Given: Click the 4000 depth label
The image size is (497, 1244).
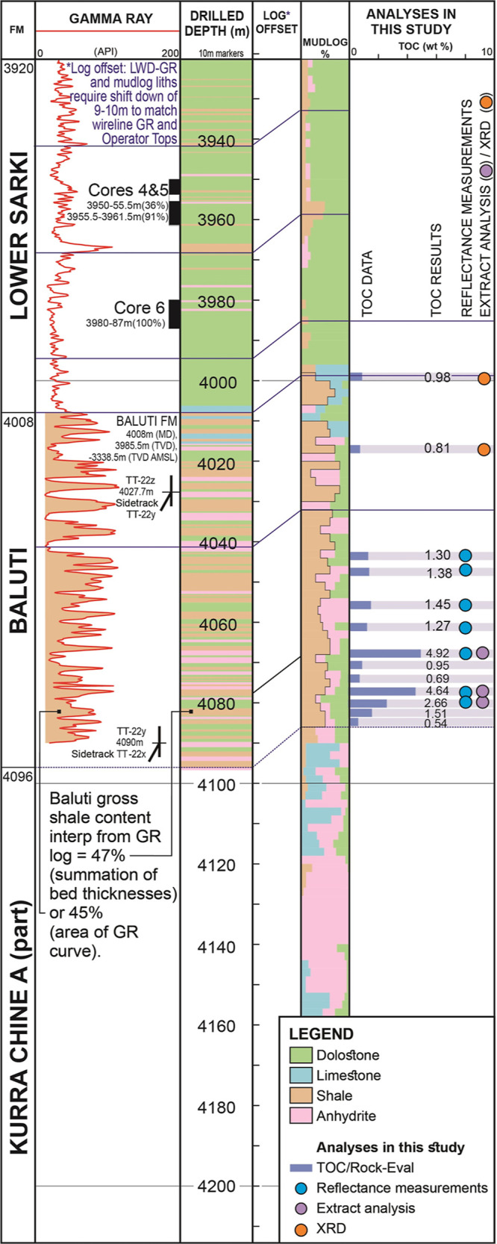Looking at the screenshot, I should tap(216, 382).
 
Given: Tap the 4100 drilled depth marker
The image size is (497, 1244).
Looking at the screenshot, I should tap(216, 785).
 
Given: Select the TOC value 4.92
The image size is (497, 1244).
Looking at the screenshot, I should tap(437, 653).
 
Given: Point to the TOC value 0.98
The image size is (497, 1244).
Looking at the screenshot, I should tap(437, 378).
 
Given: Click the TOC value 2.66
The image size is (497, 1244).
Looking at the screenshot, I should tap(436, 703).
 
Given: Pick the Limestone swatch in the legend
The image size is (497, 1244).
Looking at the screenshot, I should tap(302, 1075).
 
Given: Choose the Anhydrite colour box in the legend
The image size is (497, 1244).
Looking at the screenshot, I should tap(302, 1116).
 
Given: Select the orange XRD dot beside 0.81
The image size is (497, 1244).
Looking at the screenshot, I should tap(484, 450).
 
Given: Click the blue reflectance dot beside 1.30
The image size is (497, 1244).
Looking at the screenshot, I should tap(466, 555).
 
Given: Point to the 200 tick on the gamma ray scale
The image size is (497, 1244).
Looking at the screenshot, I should tap(171, 52).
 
